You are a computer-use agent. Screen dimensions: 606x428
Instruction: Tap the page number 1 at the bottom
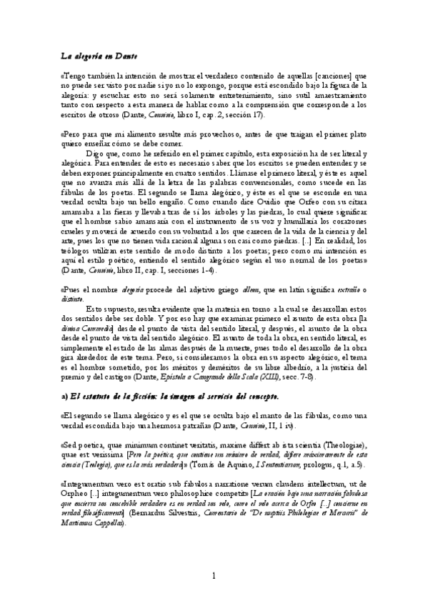(x=214, y=576)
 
